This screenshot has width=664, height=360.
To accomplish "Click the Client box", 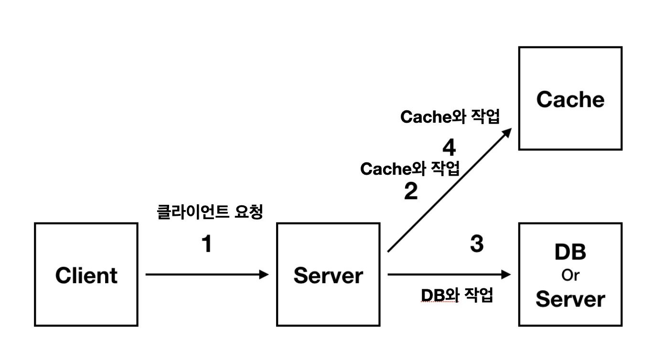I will point(86,275).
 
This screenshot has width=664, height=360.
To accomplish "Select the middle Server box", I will point(328,275).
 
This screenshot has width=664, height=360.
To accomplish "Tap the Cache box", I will point(570,98).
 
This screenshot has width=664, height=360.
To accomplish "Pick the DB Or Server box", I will point(570,275).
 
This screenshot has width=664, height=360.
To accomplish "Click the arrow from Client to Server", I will point(205,275).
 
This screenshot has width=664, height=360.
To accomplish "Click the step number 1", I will point(206,245).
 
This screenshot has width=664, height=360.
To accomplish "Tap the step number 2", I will point(411,191).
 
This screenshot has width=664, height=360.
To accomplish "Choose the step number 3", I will point(477,244).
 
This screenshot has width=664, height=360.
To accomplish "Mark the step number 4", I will point(449,148).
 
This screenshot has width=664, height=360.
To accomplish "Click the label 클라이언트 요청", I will point(210,212).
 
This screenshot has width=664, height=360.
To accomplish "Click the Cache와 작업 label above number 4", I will point(450,117).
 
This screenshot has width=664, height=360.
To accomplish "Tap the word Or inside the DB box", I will point(570,276).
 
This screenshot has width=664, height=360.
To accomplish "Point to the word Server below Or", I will point(570,299).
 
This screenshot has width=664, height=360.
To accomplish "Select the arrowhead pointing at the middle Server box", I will point(264,275).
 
